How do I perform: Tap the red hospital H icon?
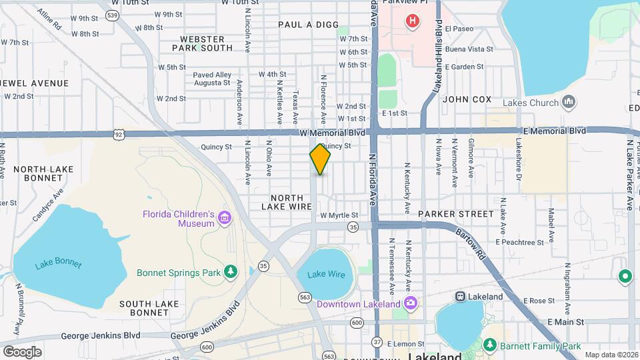coord(413,21)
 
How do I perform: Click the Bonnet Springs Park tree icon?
coord(231,272)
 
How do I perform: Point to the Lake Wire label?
coord(326,274)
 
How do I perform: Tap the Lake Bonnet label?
coord(58,264)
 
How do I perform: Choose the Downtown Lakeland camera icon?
coord(411,304)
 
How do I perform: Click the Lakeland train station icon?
coord(460,296)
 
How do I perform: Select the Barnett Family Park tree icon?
coord(490,345)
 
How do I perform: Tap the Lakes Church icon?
coord(568,102)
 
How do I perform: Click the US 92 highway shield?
coord(119,134)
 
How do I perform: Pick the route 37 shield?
coord(377,341)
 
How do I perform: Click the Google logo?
coord(22,351)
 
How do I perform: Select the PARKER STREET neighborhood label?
coord(456,214)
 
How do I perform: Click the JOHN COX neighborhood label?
coord(467,99)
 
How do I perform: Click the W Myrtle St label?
coord(339,215)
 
